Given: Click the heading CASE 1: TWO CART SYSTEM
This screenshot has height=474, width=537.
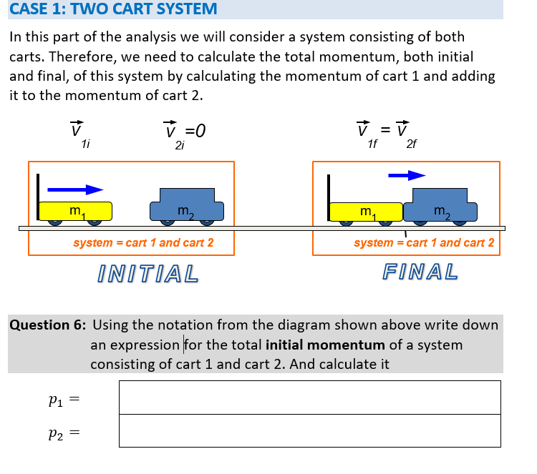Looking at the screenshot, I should pos(113,9).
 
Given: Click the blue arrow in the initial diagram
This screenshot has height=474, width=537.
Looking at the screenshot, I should pos(76,189).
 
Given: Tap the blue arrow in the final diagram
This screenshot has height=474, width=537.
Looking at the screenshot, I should pos(407,174).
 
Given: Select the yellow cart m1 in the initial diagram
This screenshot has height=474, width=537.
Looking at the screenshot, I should pos(76,211).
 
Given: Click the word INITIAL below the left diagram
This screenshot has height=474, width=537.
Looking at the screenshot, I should pos(147,273).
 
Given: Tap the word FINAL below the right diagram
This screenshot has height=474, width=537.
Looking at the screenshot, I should pos(420,272).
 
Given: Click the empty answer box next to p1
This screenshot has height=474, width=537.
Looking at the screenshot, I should pos(309,397).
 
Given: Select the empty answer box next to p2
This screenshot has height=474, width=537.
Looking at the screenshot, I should pos(309,431).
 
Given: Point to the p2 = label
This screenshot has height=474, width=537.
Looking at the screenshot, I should pos(61,433).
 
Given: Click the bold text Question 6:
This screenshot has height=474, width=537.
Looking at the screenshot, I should pos(47,325).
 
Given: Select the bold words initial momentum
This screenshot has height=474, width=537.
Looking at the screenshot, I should pos(325,345).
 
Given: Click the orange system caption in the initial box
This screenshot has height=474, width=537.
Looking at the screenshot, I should pos(143,243).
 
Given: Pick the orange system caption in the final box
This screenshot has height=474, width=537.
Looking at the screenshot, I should pos(424,243).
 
